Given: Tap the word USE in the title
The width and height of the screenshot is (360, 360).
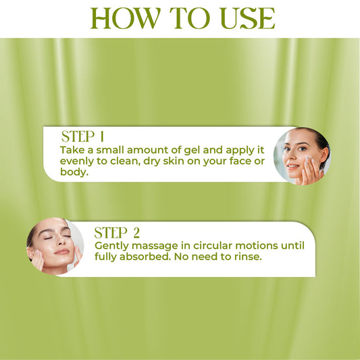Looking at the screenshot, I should pos(245,18).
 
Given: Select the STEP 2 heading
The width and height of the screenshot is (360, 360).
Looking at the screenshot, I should pos(117,233).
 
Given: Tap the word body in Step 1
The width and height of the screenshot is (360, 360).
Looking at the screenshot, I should pos(74,173).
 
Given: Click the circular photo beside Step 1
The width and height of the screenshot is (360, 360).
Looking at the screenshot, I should pos(301,156).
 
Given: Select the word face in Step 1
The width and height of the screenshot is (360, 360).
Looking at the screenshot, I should pos(239,161).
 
